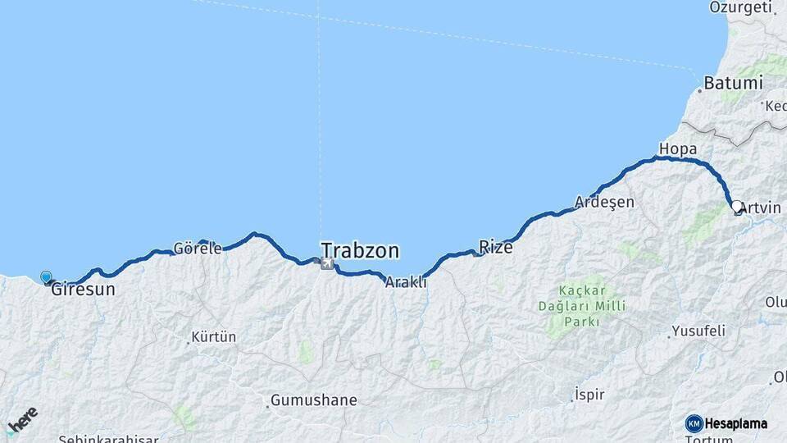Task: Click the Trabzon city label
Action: (360, 250)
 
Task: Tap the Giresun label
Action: (83, 290)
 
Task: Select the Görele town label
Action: (198, 249)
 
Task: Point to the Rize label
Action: (496, 247)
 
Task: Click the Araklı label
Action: (406, 282)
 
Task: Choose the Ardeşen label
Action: (605, 202)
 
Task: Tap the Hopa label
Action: (677, 149)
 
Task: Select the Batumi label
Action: (734, 84)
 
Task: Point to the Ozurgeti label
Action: (742, 8)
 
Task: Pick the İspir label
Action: (589, 395)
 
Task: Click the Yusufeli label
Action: (698, 331)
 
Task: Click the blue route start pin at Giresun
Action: (46, 278)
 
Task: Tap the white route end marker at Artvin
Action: (737, 208)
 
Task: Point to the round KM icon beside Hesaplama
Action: (694, 423)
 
